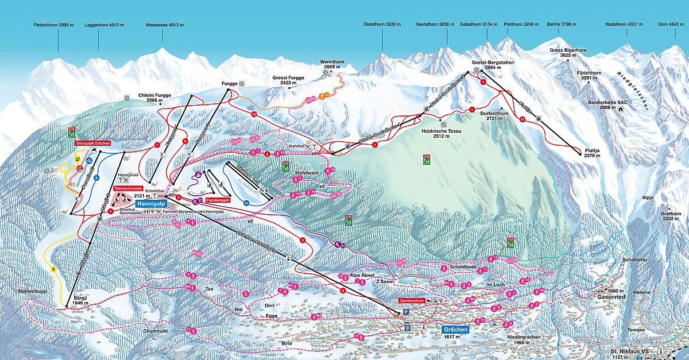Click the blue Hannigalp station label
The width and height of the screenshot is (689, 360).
(151, 203)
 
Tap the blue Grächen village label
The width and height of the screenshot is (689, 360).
(456, 330)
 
